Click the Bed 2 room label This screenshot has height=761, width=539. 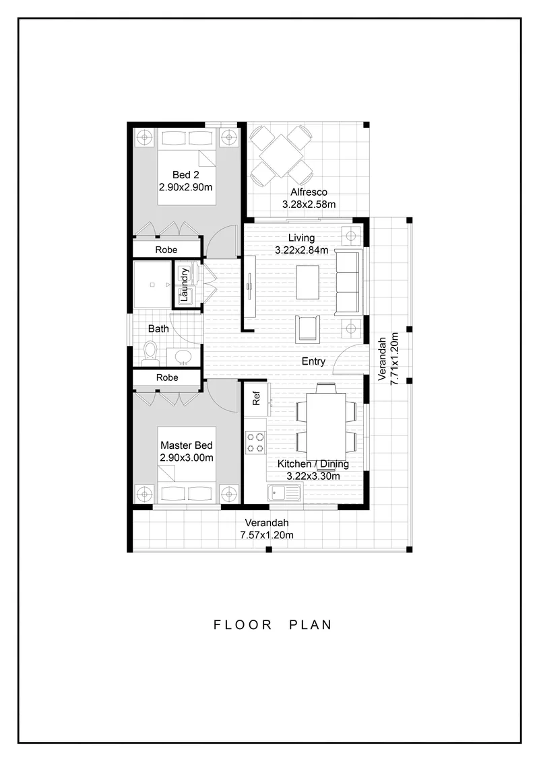pyautogui.click(x=186, y=175)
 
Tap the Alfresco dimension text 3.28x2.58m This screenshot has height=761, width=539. pyautogui.click(x=309, y=205)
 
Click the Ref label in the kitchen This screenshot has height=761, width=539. pyautogui.click(x=256, y=398)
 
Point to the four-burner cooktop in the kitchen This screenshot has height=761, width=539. pyautogui.click(x=255, y=442)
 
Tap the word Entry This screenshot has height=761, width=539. pyautogui.click(x=313, y=361)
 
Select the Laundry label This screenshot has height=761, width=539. pyautogui.click(x=184, y=285)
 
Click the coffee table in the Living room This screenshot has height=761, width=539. pyautogui.click(x=308, y=283)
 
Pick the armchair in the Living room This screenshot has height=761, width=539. pyautogui.click(x=308, y=328)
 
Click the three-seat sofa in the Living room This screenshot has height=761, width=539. pyautogui.click(x=348, y=283)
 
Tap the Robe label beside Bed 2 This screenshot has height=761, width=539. pyautogui.click(x=166, y=250)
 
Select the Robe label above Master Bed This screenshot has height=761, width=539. pyautogui.click(x=167, y=377)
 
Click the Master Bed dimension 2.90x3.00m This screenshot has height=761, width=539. pyautogui.click(x=187, y=458)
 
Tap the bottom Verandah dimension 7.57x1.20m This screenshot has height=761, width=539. pyautogui.click(x=267, y=536)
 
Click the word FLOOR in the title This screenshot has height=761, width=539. pyautogui.click(x=243, y=624)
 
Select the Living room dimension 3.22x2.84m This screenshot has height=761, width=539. pyautogui.click(x=301, y=250)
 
